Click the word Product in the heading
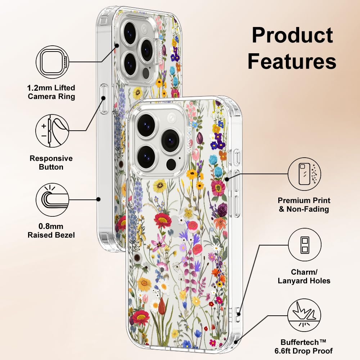pyautogui.click(x=292, y=35)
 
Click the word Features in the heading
pyautogui.click(x=292, y=61)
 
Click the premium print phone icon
pyautogui.click(x=305, y=174)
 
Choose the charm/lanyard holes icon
pyautogui.click(x=305, y=245)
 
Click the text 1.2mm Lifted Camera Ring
pyautogui.click(x=51, y=92)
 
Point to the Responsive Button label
pyautogui.click(x=51, y=162)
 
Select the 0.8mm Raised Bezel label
pyautogui.click(x=51, y=230)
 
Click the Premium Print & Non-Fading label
pyautogui.click(x=304, y=204)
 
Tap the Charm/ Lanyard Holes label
pyautogui.click(x=304, y=276)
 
